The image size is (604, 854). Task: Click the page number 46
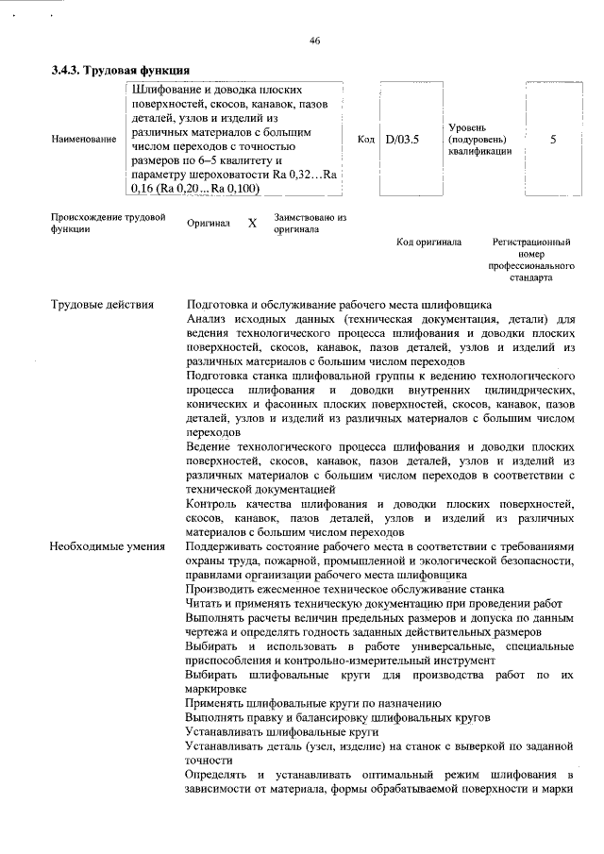[x=315, y=40]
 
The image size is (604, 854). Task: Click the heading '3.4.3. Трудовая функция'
[x=121, y=70]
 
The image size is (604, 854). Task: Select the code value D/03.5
[x=401, y=139]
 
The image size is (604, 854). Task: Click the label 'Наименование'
[x=84, y=140]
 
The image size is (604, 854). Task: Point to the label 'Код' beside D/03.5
[x=367, y=140]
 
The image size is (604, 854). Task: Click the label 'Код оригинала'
[x=428, y=243]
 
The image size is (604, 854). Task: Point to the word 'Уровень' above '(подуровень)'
[x=467, y=126]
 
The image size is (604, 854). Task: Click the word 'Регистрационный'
[x=531, y=243]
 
